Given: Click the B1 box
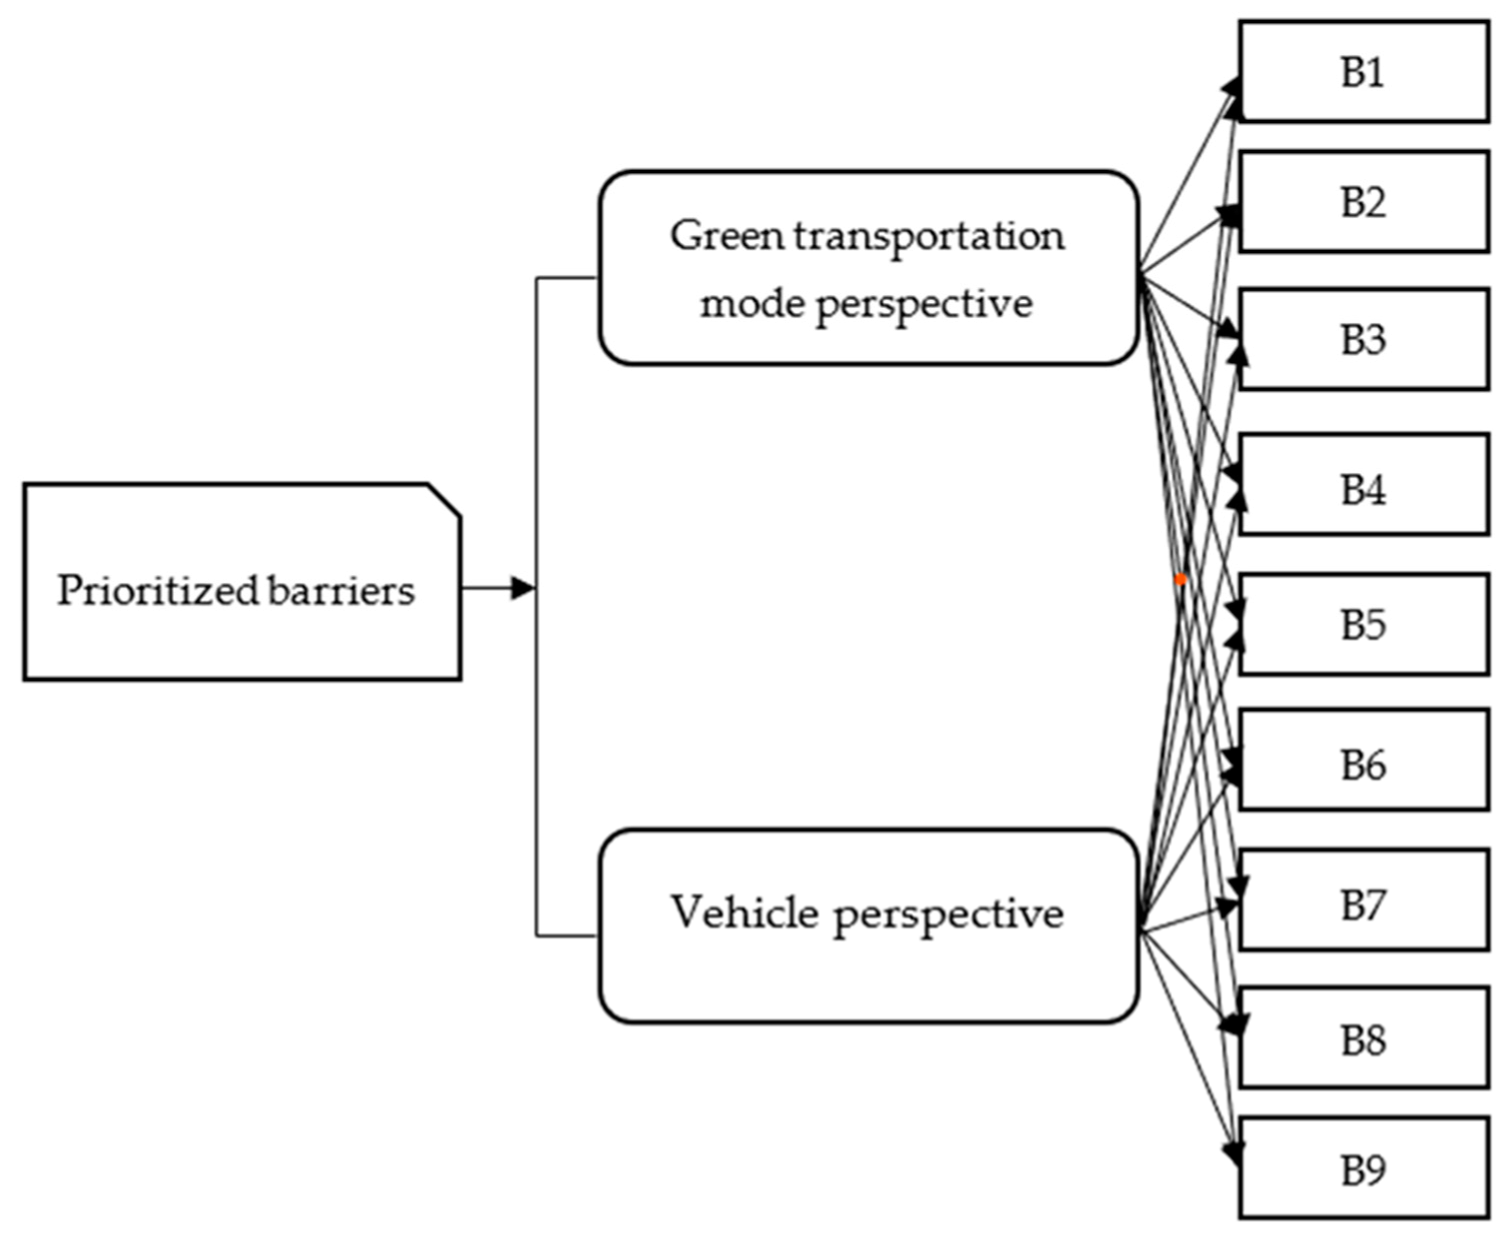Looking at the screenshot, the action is tap(1363, 72).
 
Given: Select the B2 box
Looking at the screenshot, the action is tap(1363, 202).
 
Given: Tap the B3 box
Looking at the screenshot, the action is tap(1363, 339).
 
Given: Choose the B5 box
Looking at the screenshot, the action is tap(1363, 624).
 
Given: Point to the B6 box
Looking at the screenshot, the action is tap(1363, 764).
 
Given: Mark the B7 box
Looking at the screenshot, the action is tap(1363, 904).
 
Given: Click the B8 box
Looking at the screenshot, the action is tap(1363, 1040).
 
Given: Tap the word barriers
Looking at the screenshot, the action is tap(341, 591).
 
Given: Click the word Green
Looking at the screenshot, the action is tap(727, 236).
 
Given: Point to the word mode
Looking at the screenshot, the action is tap(752, 304).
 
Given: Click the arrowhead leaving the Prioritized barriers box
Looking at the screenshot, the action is tap(522, 589).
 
